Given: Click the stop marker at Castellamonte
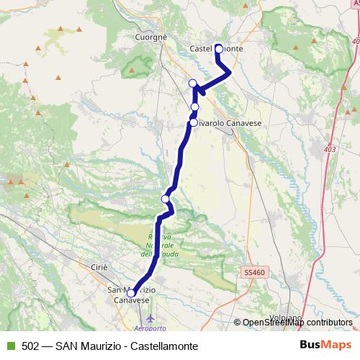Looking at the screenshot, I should click(219, 49).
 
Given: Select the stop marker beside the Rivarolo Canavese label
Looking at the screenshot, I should click(194, 123).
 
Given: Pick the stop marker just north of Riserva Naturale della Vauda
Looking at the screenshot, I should click(166, 199).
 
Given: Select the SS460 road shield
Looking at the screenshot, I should click(253, 273).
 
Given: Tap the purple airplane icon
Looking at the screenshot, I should click(150, 317).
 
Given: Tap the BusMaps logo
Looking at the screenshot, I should click(325, 346).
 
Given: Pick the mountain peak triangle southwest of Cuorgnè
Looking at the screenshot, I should click(132, 70).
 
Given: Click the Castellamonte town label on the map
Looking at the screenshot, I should click(217, 48).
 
